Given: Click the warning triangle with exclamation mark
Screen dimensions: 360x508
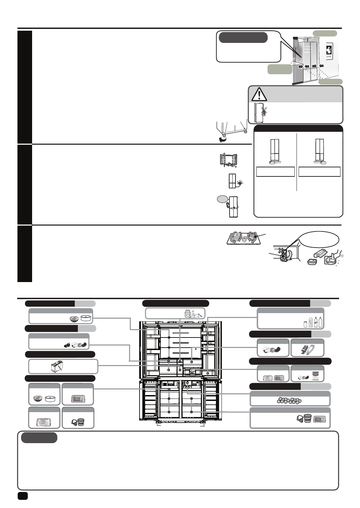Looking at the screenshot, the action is (x=258, y=94).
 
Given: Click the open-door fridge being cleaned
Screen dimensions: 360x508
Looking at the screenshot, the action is (x=229, y=160).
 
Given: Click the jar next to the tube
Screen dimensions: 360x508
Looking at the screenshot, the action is (x=187, y=313).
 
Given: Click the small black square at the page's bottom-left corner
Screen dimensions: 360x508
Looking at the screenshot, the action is (x=23, y=496).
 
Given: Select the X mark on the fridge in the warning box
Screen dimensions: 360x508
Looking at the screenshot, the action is (x=265, y=110).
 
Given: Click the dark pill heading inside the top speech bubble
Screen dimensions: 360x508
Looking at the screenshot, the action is (x=243, y=37).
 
